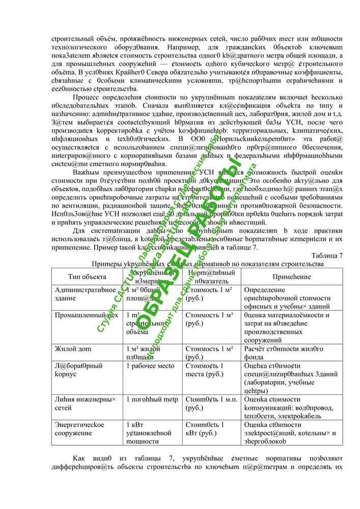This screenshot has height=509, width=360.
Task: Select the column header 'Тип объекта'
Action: click(88, 276)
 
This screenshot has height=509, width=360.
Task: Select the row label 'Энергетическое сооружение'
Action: click(79, 428)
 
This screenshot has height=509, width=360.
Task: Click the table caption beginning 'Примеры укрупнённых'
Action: click(207, 264)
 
